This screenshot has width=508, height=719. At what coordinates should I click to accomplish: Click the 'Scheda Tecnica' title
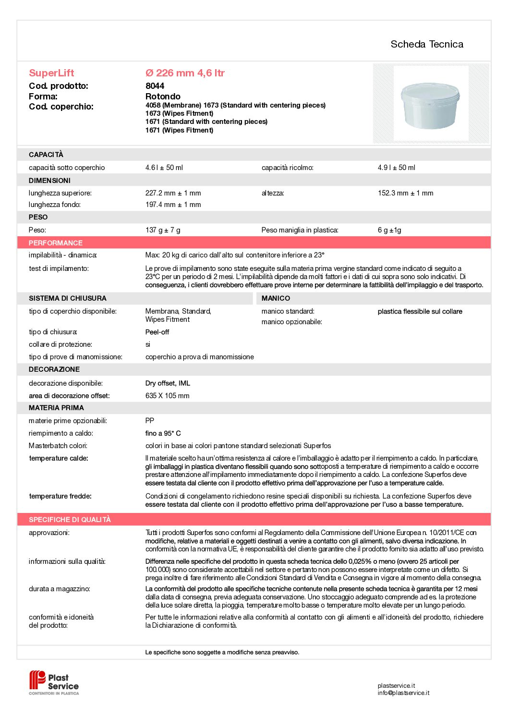(x=426, y=44)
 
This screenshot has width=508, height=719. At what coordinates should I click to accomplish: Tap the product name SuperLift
(x=51, y=73)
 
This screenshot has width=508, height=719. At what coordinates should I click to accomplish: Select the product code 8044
(x=155, y=86)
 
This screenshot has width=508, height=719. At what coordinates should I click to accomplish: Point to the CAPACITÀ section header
(x=46, y=155)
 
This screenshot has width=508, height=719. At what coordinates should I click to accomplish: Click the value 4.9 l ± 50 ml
(x=396, y=168)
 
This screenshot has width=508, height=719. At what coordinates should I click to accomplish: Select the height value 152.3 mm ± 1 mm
(x=405, y=193)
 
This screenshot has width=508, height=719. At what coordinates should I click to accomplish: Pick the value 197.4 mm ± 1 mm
(x=173, y=205)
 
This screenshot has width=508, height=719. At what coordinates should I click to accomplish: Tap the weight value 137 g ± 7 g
(x=163, y=230)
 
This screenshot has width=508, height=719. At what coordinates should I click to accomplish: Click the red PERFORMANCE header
(x=56, y=243)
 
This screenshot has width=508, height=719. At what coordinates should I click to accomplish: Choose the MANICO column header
(x=276, y=298)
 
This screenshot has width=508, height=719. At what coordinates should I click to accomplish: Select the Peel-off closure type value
(x=157, y=332)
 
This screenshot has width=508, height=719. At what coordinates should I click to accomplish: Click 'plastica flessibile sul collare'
(x=420, y=312)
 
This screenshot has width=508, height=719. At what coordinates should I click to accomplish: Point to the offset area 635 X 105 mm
(x=167, y=396)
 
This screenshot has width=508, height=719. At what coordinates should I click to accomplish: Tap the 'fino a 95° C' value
(x=163, y=433)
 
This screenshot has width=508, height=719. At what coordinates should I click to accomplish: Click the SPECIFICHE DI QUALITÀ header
(x=70, y=520)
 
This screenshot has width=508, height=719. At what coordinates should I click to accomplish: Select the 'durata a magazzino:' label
(x=59, y=589)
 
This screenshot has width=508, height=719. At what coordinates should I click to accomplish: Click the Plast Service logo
(x=54, y=682)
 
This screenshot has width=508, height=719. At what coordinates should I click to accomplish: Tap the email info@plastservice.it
(x=403, y=693)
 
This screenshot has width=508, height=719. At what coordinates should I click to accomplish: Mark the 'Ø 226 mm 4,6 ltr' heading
(x=185, y=73)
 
